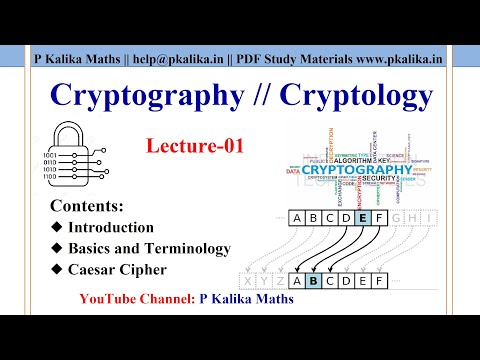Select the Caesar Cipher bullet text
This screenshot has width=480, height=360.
point(118,268)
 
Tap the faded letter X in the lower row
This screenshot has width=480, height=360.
point(247,281)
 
